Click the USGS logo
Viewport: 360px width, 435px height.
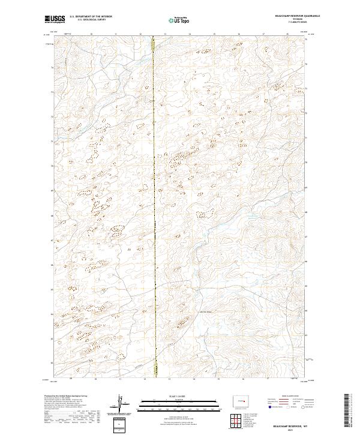click(x=55, y=19)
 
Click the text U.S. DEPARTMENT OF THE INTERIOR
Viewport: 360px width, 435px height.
click(x=91, y=17)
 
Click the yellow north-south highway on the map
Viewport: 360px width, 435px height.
click(x=154, y=210)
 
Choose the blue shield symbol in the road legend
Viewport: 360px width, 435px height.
click(x=269, y=406)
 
